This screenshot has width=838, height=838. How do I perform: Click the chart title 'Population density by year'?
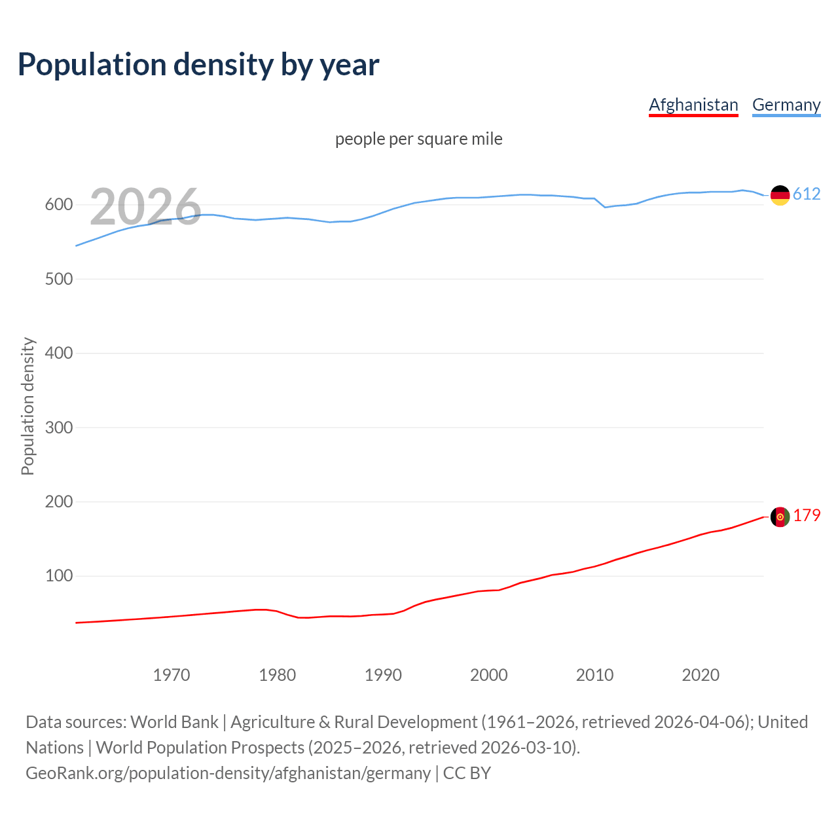click(198, 65)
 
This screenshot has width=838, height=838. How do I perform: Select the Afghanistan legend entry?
click(693, 105)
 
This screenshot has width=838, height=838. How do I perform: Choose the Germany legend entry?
click(786, 105)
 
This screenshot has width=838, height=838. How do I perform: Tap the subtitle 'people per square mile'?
click(418, 139)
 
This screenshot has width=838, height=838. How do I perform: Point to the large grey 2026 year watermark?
click(145, 207)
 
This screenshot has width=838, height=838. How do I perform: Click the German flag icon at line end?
click(780, 195)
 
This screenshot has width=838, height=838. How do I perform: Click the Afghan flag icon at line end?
click(780, 517)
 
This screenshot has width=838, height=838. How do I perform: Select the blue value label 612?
click(807, 194)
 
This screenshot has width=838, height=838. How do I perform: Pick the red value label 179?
click(807, 516)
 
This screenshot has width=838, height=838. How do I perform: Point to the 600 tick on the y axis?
click(59, 205)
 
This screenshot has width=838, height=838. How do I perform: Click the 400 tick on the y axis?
click(59, 354)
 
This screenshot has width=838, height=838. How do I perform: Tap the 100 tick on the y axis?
click(59, 576)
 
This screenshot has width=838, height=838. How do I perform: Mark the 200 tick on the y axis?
click(59, 502)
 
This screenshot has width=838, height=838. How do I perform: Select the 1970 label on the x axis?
click(172, 675)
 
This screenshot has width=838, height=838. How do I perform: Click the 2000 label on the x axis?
click(488, 675)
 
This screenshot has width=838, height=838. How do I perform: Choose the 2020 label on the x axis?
click(701, 675)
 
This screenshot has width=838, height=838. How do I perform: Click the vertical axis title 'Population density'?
click(27, 406)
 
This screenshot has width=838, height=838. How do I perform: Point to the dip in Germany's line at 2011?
click(605, 207)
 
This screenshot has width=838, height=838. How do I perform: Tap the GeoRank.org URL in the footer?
click(228, 773)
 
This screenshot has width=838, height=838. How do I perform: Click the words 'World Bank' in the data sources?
click(174, 722)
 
